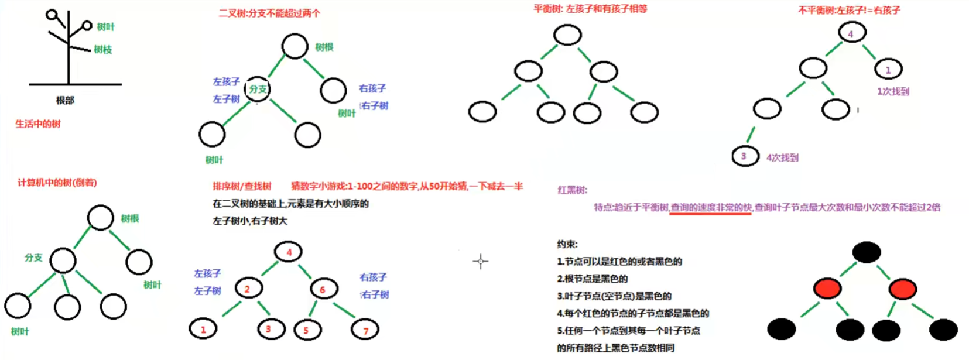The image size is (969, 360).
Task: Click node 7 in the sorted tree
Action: click(x=365, y=331)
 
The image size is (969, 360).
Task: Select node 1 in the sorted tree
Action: click(x=203, y=330)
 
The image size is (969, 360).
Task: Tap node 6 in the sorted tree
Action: click(x=323, y=289)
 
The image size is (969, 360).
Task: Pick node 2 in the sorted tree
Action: click(x=248, y=289)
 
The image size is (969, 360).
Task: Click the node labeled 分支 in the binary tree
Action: click(x=257, y=89)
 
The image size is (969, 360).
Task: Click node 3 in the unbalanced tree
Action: click(x=745, y=156)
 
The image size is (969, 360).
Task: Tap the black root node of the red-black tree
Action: click(x=867, y=252)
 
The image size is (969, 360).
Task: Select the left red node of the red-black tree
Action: click(x=827, y=288)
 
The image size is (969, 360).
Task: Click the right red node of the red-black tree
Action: click(x=902, y=289)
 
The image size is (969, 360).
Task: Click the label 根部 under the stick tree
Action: click(x=65, y=100)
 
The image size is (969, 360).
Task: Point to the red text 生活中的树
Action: click(x=38, y=124)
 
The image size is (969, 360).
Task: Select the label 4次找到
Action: click(x=782, y=157)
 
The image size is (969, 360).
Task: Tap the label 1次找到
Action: click(x=893, y=91)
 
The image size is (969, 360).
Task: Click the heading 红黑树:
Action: click(x=572, y=190)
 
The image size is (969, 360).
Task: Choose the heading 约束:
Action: click(x=567, y=244)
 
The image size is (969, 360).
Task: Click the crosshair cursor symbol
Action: click(x=480, y=261)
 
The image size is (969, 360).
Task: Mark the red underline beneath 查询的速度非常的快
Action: click(x=710, y=214)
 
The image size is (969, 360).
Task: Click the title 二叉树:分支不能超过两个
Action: click(x=269, y=13)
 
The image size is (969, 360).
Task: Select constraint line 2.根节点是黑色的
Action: click(x=592, y=279)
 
